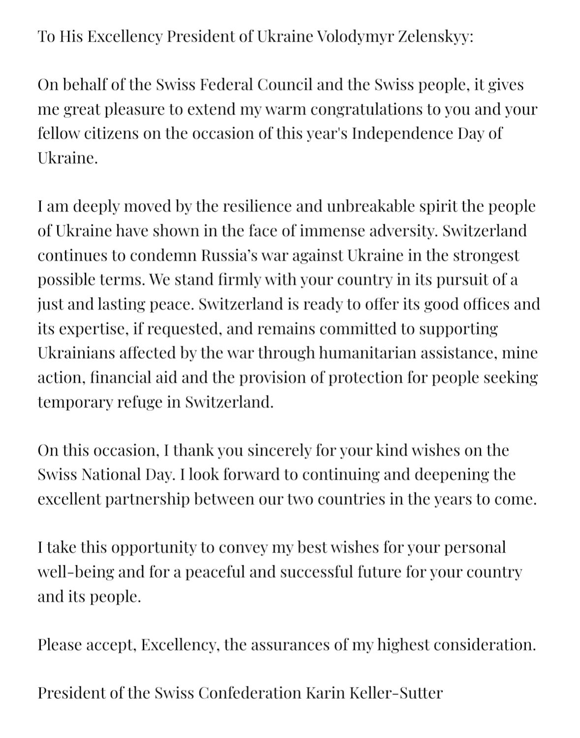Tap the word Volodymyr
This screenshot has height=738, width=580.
pos(350,36)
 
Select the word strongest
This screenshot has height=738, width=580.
pos(486,255)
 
